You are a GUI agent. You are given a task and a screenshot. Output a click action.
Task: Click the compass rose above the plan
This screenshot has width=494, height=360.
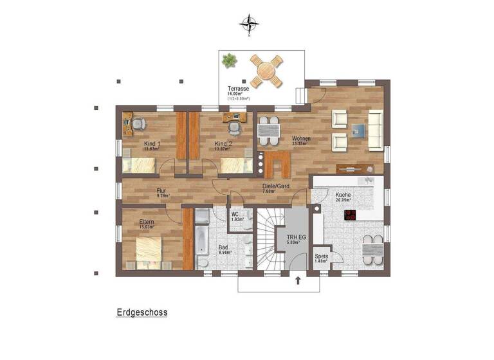(249, 24)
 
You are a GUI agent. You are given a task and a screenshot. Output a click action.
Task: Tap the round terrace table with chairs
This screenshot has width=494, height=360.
(266, 71)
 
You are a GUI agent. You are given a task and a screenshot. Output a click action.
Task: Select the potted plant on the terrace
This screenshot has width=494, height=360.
(228, 60)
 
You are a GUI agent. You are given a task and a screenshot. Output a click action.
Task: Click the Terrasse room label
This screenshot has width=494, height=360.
(238, 89)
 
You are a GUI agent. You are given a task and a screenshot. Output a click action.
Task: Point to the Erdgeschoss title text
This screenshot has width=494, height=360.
(142, 312)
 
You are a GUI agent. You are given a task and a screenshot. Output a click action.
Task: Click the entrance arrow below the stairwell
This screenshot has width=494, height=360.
(298, 280)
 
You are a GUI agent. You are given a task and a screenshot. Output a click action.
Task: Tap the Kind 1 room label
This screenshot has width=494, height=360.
(152, 143)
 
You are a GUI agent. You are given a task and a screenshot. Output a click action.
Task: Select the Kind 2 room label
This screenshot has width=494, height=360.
(223, 143)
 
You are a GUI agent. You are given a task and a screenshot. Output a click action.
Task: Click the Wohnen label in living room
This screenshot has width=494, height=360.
(301, 139)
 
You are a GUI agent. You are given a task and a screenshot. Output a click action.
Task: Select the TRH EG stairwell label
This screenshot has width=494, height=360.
(296, 237)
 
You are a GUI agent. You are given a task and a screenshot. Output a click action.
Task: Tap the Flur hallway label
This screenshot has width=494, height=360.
(161, 191)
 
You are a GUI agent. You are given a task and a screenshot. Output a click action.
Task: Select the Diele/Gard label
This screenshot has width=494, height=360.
(275, 186)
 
